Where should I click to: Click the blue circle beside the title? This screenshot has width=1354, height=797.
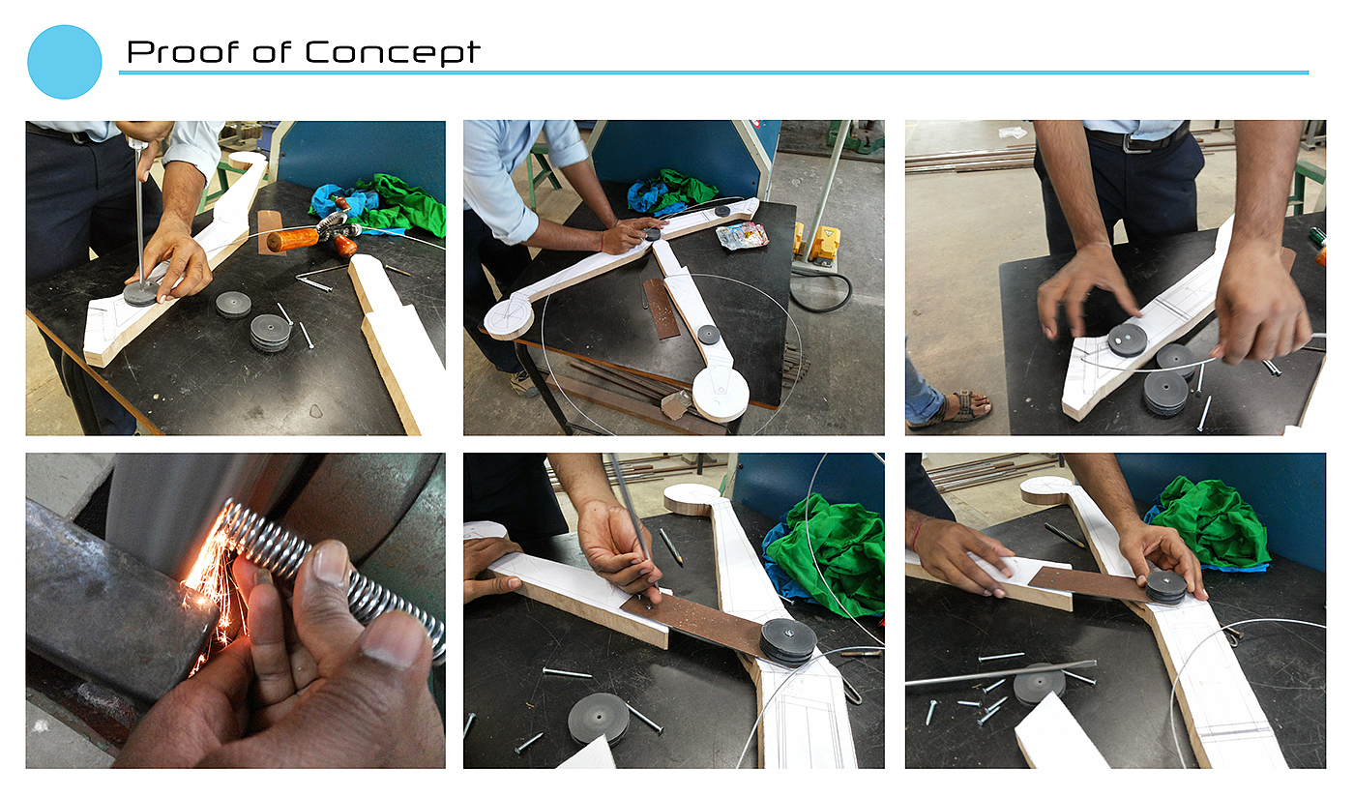click(65, 62)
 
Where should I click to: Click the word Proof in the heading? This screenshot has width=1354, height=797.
click(183, 52)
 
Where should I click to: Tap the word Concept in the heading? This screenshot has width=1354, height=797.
click(393, 52)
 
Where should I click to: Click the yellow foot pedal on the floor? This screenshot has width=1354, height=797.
click(824, 245)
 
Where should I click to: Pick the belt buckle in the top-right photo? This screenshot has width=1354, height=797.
click(1135, 143)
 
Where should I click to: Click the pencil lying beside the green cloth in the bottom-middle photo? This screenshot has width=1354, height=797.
click(670, 546)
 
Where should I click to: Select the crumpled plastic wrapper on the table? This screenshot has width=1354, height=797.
click(742, 235)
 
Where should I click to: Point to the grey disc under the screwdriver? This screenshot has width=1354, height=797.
click(141, 293)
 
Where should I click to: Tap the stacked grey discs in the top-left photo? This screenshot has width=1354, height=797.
click(270, 332)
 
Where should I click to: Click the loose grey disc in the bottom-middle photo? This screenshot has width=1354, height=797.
click(598, 718)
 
